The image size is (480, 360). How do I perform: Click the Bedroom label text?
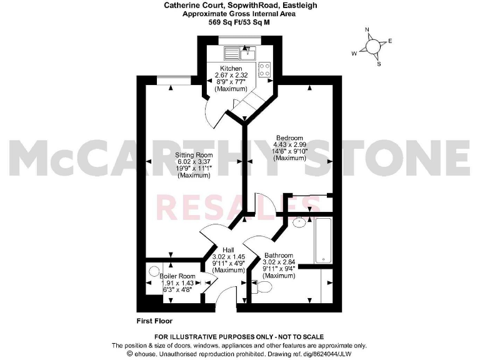[290, 138]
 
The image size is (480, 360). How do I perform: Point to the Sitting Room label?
[194, 155]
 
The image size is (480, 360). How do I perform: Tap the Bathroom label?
[277, 256]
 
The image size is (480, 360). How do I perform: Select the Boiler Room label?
[177, 276]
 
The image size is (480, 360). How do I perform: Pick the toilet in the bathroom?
[264, 287]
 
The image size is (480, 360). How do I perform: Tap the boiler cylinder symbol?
[154, 272]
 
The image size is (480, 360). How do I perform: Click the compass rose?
[373, 46]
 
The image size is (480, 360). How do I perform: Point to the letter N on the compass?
[367, 30]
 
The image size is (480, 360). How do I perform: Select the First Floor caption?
[154, 321]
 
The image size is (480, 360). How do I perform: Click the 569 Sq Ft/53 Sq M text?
[239, 21]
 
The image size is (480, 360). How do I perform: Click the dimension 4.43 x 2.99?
[290, 145]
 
